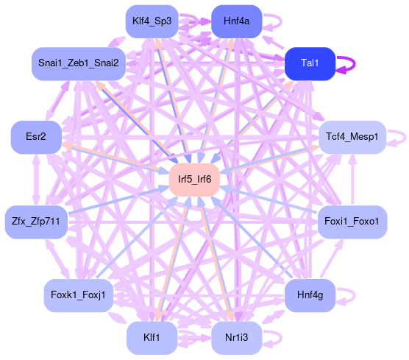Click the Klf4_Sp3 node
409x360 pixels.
tap(152, 21)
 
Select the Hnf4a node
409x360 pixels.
tap(237, 21)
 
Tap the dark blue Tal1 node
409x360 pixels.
tap(310, 64)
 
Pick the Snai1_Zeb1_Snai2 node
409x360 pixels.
tap(79, 64)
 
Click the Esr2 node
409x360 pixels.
tap(36, 137)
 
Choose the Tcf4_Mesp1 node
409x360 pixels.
tap(352, 137)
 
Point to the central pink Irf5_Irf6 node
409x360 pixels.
tap(194, 180)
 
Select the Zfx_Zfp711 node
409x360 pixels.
tap(36, 222)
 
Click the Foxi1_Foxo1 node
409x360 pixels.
tap(352, 222)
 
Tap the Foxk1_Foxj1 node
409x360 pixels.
tap(79, 295)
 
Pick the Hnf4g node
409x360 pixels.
tap(310, 295)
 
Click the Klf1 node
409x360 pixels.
tap(152, 338)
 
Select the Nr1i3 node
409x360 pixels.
tap(237, 338)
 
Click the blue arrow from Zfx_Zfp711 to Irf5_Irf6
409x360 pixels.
tap(118, 200)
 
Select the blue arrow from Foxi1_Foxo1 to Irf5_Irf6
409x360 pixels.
tap(268, 199)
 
